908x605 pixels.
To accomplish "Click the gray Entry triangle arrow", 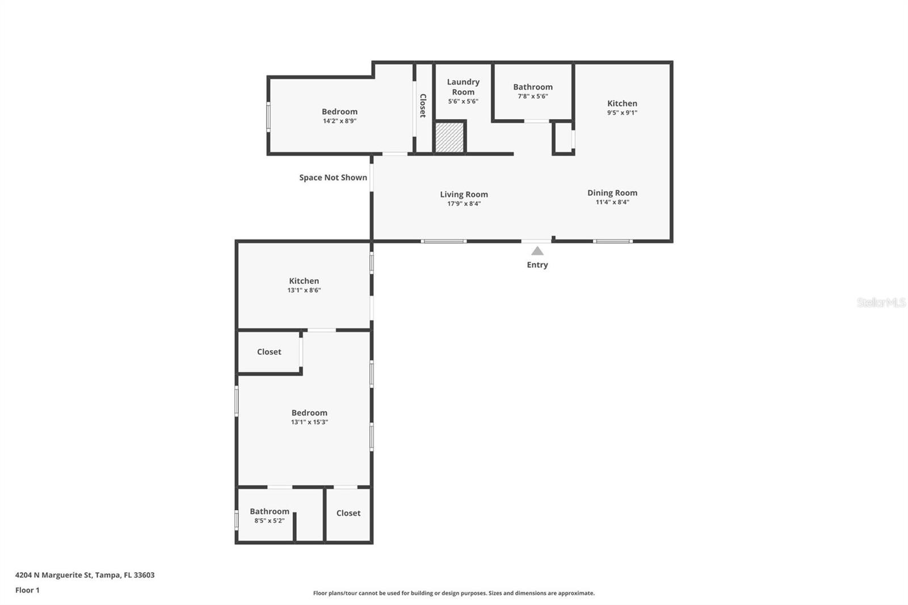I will pyautogui.click(x=537, y=251).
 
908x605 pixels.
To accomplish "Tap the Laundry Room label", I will pyautogui.click(x=463, y=87).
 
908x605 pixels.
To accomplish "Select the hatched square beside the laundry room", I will pyautogui.click(x=449, y=137).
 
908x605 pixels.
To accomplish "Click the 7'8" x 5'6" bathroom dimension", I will pyautogui.click(x=532, y=96).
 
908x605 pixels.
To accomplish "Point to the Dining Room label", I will pyautogui.click(x=612, y=193).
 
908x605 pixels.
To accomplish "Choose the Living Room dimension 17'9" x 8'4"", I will pyautogui.click(x=464, y=204).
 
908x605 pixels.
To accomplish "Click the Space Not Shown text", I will pyautogui.click(x=333, y=178).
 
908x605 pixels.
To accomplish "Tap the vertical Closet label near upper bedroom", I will pyautogui.click(x=423, y=106).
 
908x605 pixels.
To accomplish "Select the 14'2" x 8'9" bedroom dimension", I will pyautogui.click(x=339, y=121).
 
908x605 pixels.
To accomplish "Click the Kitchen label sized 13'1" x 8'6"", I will pyautogui.click(x=304, y=281).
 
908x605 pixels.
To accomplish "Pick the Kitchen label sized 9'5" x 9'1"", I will pyautogui.click(x=622, y=103).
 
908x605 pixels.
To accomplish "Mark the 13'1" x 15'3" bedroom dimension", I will pyautogui.click(x=309, y=422).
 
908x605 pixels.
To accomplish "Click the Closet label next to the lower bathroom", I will pyautogui.click(x=348, y=513).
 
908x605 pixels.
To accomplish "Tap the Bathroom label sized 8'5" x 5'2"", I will pyautogui.click(x=270, y=511).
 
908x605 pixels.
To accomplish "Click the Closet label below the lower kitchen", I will pyautogui.click(x=269, y=352).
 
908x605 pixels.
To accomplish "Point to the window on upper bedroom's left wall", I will pyautogui.click(x=268, y=117).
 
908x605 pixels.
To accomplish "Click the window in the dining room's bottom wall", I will pyautogui.click(x=612, y=241).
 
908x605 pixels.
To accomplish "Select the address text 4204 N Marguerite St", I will pyautogui.click(x=85, y=575).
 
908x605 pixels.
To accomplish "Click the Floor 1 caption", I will pyautogui.click(x=27, y=590).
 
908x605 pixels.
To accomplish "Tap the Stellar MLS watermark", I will pyautogui.click(x=881, y=302).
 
